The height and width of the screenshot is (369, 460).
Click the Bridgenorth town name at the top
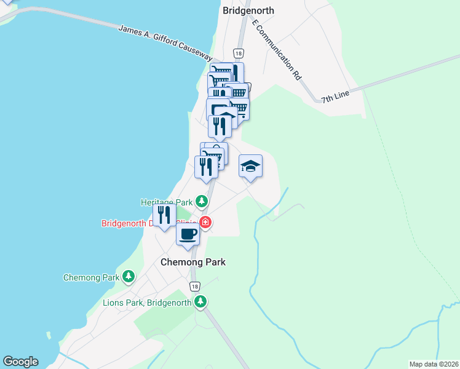point(248,10)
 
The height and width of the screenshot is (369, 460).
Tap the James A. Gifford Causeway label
point(165,42)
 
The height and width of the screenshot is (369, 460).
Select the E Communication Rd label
point(277,50)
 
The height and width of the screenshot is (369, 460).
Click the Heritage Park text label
point(167,202)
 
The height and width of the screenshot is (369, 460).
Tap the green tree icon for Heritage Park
point(201,201)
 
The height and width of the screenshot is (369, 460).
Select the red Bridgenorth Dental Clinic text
point(148,223)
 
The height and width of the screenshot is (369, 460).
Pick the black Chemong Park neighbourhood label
point(192,262)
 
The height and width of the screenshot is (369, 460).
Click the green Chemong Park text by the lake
point(91,277)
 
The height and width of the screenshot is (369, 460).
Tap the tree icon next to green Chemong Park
point(128,277)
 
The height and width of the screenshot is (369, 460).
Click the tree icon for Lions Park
point(200,301)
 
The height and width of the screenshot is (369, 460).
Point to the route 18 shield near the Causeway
point(239,53)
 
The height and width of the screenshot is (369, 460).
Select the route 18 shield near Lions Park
point(194,287)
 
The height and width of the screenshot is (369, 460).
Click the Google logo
point(20,362)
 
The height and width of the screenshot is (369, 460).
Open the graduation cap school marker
point(250,166)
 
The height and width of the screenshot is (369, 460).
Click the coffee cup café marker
point(188,234)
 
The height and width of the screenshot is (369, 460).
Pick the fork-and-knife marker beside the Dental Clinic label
point(164,215)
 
